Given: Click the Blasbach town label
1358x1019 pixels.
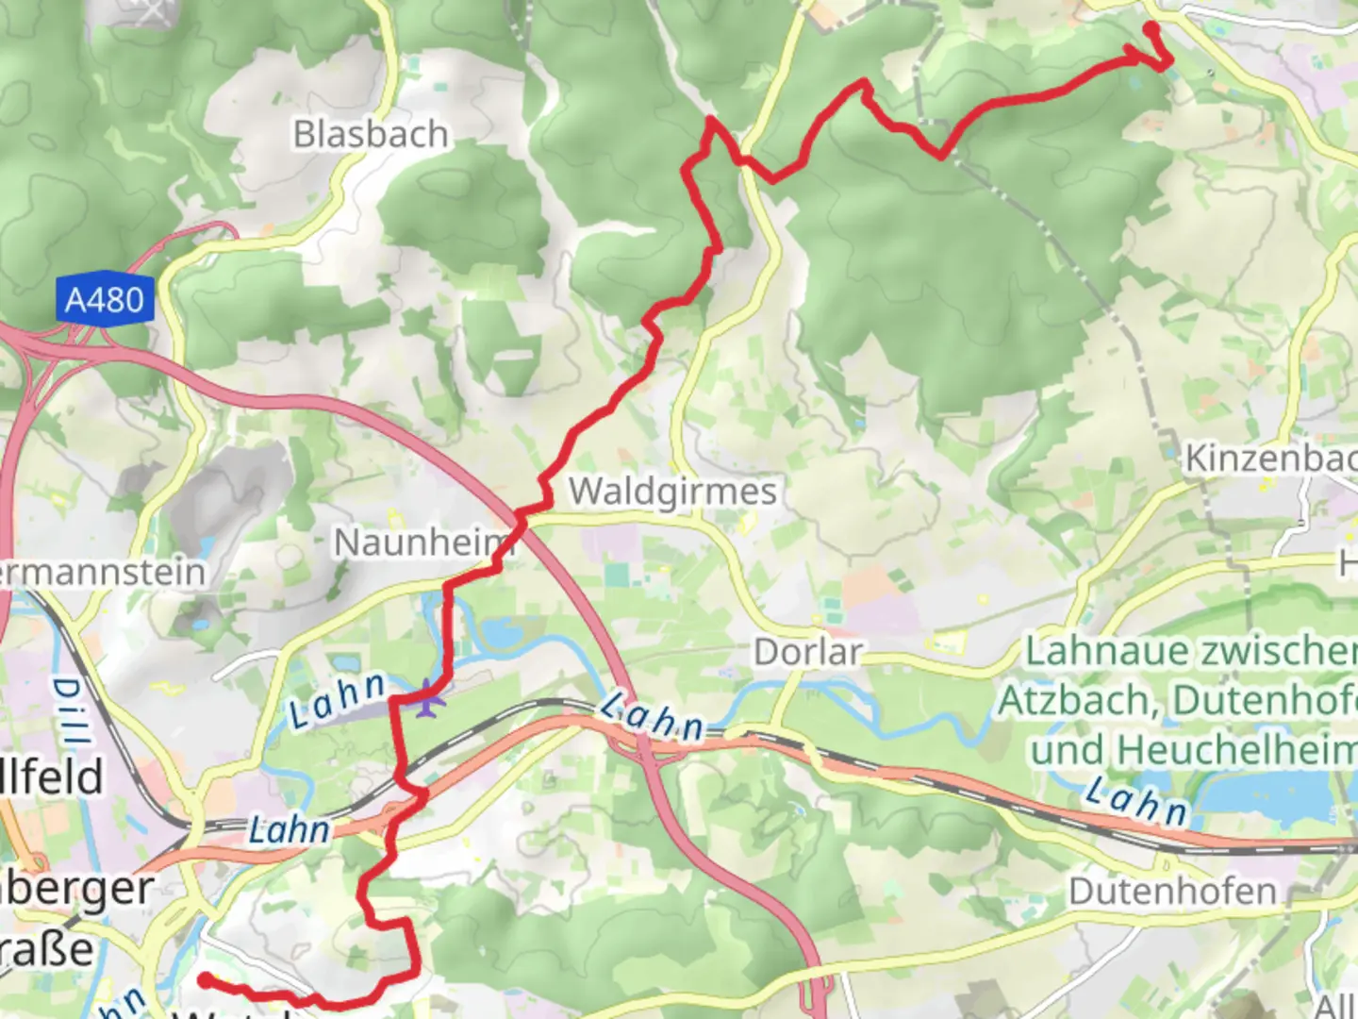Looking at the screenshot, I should (x=370, y=135).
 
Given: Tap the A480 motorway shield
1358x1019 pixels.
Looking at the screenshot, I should (x=104, y=301).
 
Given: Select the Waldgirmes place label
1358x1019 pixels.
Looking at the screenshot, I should (x=672, y=492).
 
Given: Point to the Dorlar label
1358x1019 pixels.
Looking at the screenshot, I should (x=808, y=652).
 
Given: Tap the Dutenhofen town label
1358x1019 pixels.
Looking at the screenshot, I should (x=1172, y=892).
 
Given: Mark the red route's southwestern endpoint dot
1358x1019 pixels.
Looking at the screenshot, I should (x=204, y=980).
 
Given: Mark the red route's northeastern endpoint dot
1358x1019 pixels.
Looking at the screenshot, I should (x=1151, y=27).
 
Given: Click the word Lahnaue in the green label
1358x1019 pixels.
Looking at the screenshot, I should (x=1092, y=652).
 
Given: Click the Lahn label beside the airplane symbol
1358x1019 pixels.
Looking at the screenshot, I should (x=338, y=700).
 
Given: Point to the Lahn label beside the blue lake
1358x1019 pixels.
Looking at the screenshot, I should (x=1136, y=800).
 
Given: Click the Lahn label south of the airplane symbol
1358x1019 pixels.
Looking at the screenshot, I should (x=290, y=830).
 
